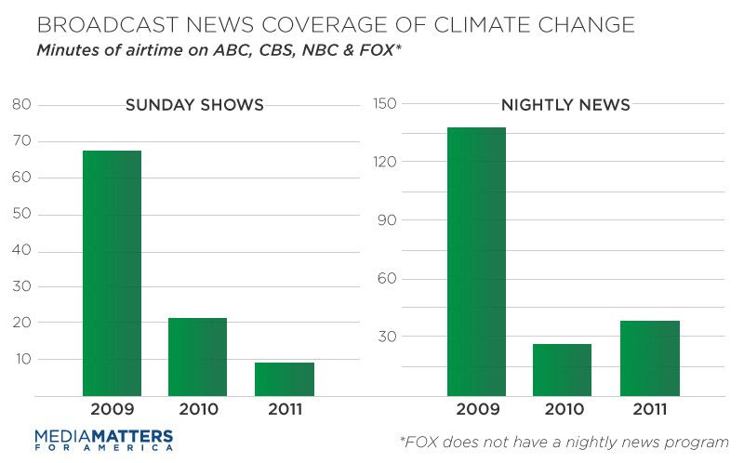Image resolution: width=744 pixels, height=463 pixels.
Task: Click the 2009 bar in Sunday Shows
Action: click(112, 273)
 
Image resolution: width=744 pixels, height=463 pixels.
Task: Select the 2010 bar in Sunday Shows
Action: click(197, 357)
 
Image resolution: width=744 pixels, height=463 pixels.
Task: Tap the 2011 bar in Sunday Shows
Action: click(284, 379)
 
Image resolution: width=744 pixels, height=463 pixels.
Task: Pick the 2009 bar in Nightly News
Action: click(476, 261)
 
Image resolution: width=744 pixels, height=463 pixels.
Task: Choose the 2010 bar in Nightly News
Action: click(562, 370)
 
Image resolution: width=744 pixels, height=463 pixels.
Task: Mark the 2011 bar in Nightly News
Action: click(649, 358)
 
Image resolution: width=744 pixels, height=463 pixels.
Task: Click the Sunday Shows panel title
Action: click(194, 105)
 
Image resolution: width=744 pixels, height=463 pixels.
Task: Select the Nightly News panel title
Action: click(565, 105)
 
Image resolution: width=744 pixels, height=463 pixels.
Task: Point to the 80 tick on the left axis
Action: click(22, 105)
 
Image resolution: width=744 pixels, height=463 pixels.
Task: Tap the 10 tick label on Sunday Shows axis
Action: click(22, 359)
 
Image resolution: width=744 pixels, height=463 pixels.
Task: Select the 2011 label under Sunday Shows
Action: click(284, 409)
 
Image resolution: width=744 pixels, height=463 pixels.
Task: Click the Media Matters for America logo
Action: click(102, 440)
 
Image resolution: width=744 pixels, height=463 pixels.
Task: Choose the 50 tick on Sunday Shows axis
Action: click(22, 214)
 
